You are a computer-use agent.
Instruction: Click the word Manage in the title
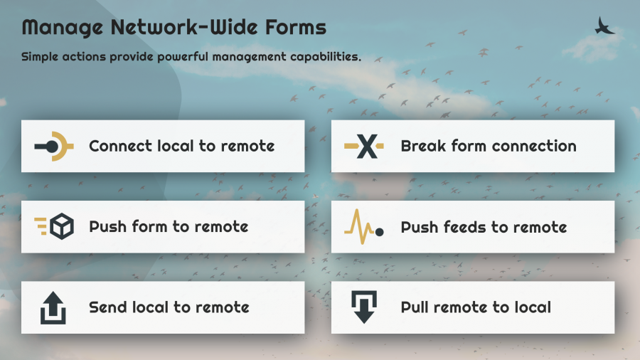point(62,28)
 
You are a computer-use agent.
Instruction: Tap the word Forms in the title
point(296,27)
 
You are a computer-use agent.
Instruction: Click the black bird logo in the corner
point(604,26)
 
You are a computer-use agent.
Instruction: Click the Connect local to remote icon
point(54,146)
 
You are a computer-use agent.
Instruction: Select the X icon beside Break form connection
point(364,146)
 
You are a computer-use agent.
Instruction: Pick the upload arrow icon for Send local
point(53,308)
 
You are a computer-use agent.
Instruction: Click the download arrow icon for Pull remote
point(364,307)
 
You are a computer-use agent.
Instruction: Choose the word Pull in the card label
point(415,307)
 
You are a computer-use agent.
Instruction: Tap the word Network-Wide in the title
point(184,27)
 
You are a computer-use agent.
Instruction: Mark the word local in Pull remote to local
point(533,307)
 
